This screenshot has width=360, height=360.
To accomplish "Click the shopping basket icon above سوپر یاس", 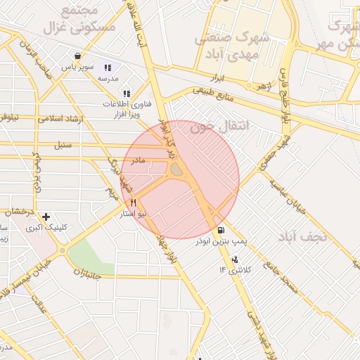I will click(x=77, y=56).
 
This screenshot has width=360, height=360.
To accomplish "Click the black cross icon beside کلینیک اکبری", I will click(x=46, y=217).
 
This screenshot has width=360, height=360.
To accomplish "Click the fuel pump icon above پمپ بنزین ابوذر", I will click(x=221, y=231).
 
